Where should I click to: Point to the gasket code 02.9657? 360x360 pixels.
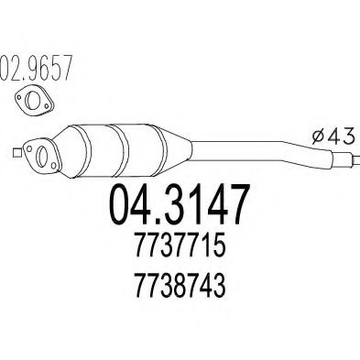[x=36, y=68]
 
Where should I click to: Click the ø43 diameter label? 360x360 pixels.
[x=333, y=136]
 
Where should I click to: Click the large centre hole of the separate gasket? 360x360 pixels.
[x=32, y=100]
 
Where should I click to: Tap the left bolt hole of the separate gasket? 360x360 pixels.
[x=19, y=98]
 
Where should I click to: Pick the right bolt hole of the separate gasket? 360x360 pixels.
[x=47, y=105]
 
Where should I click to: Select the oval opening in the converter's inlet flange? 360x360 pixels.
[x=41, y=157]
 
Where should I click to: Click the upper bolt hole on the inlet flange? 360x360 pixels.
[x=29, y=148]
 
